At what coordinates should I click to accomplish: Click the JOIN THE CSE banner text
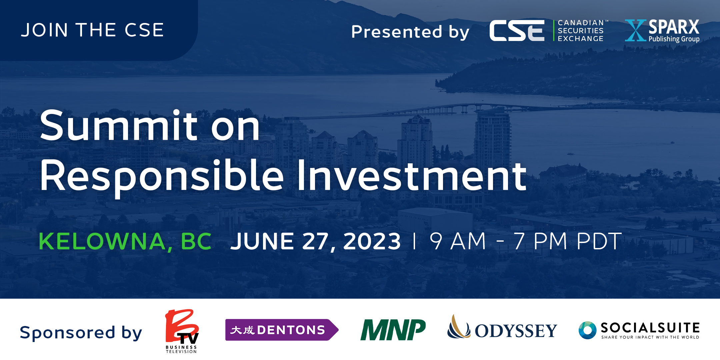[x=92, y=30]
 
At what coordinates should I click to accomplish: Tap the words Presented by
[x=410, y=32]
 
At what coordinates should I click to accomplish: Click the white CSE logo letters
[x=517, y=31]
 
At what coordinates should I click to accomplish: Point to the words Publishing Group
[x=674, y=39]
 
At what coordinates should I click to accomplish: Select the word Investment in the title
[x=412, y=175]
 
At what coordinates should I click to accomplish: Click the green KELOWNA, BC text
[x=125, y=241]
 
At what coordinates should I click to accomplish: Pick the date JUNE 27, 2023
[x=316, y=241]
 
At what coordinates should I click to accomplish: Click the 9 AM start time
[x=458, y=241]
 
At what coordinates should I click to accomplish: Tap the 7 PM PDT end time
[x=568, y=241]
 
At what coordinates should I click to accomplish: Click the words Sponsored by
[x=81, y=333]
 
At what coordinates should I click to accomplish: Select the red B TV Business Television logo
[x=182, y=331]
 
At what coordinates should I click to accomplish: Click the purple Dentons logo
[x=282, y=330]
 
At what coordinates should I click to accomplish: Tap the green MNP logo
[x=393, y=330]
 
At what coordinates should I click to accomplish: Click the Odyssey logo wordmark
[x=516, y=331]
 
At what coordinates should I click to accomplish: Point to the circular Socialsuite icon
[x=587, y=330]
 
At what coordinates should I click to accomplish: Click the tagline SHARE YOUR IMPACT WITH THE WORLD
[x=650, y=337]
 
